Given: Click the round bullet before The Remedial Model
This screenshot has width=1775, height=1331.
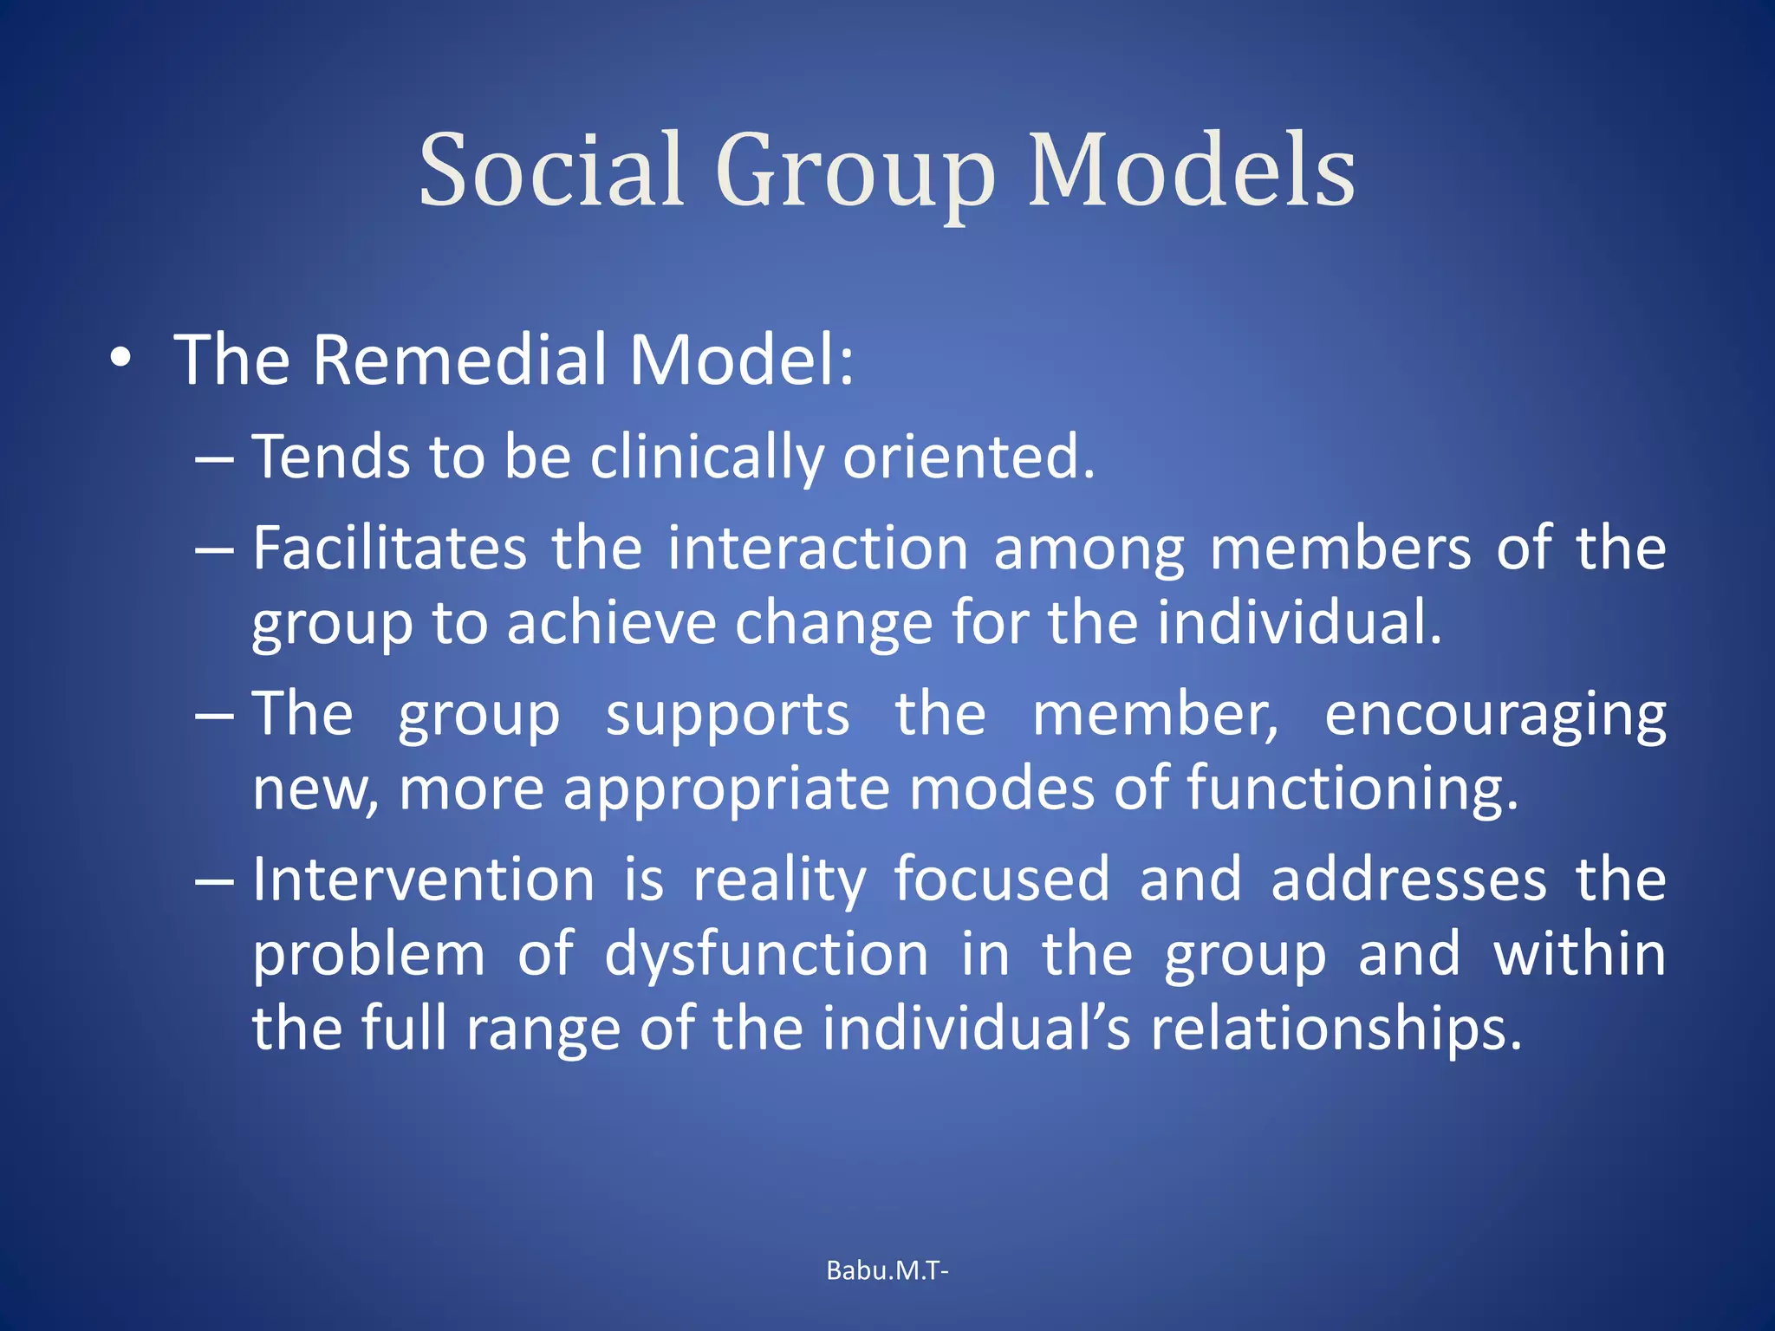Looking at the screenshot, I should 121,359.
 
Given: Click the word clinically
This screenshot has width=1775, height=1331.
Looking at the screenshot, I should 706,457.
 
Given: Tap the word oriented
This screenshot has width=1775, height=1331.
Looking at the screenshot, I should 968,457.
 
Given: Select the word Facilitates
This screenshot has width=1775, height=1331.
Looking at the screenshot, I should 389,549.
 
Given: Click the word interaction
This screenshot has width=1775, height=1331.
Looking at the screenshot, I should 817,549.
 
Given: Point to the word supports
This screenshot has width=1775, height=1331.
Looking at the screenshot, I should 727,716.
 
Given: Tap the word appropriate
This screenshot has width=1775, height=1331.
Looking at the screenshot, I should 726,789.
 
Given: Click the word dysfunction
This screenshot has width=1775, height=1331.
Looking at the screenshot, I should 766,955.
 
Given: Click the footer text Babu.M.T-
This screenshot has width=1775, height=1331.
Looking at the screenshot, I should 887,1270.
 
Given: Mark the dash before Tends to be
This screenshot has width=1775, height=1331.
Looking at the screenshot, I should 214,458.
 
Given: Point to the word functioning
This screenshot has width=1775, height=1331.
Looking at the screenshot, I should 1352,789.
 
